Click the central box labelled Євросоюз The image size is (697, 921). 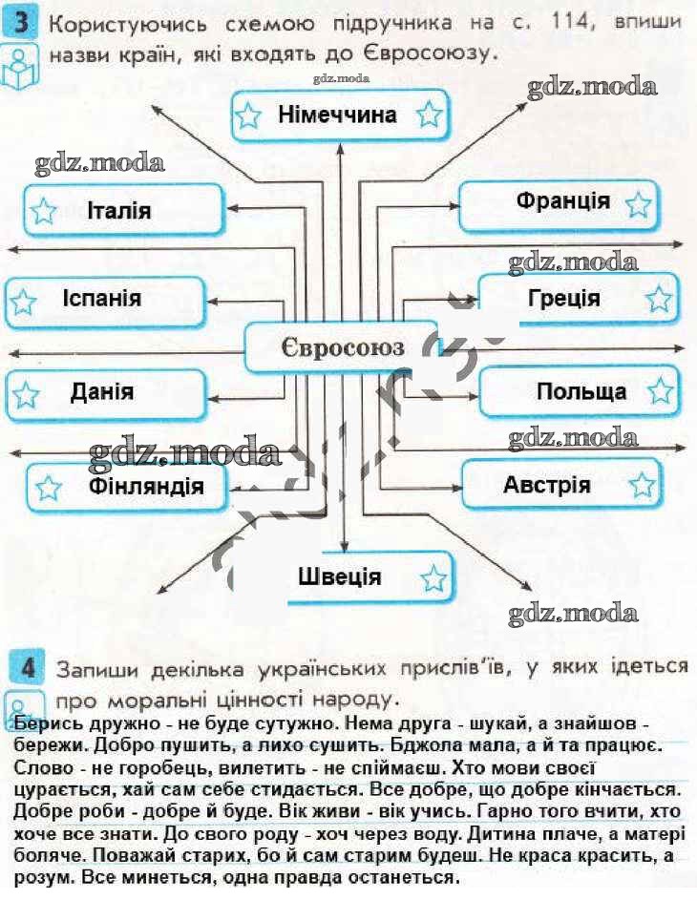(342, 346)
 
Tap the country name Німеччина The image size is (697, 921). (337, 115)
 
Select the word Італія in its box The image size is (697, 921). (118, 210)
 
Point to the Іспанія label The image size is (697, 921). (102, 299)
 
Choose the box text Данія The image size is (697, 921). (101, 391)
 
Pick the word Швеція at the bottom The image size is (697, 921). (339, 576)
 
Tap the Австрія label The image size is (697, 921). (546, 484)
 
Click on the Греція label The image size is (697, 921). (563, 298)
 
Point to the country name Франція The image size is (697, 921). (562, 201)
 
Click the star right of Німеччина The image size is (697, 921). (430, 116)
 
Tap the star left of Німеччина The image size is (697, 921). (248, 116)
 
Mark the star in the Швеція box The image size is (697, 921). (433, 577)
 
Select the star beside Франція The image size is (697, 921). (639, 204)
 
